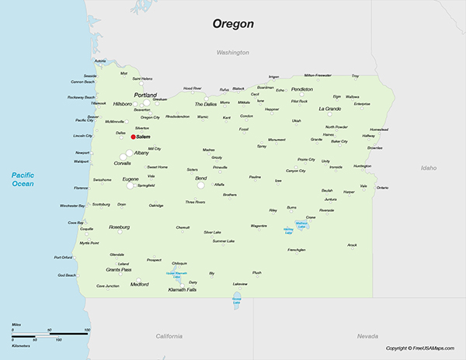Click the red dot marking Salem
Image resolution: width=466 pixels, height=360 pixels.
point(133,137)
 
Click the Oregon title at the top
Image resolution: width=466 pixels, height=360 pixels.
point(234,24)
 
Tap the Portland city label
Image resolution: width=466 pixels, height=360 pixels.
point(145,95)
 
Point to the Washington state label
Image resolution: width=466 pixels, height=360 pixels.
point(232,53)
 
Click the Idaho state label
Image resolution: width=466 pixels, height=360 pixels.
point(428,168)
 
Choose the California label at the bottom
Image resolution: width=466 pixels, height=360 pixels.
point(169,336)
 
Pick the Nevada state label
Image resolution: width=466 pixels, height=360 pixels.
point(367,336)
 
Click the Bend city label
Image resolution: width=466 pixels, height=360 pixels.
point(201,178)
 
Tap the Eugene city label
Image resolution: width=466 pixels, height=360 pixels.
point(131,179)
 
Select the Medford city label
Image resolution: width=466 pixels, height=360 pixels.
point(140,284)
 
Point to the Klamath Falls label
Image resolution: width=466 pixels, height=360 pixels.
point(183,289)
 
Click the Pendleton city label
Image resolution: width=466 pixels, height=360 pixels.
point(302,89)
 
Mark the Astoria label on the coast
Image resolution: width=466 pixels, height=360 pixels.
point(100,61)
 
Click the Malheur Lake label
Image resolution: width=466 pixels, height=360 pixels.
point(302,225)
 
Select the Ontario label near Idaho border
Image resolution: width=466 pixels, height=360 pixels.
point(382,188)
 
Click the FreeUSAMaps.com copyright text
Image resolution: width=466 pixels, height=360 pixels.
point(424,348)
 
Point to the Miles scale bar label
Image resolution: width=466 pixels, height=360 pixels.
point(16,324)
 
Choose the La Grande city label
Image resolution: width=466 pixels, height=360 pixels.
point(330,109)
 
